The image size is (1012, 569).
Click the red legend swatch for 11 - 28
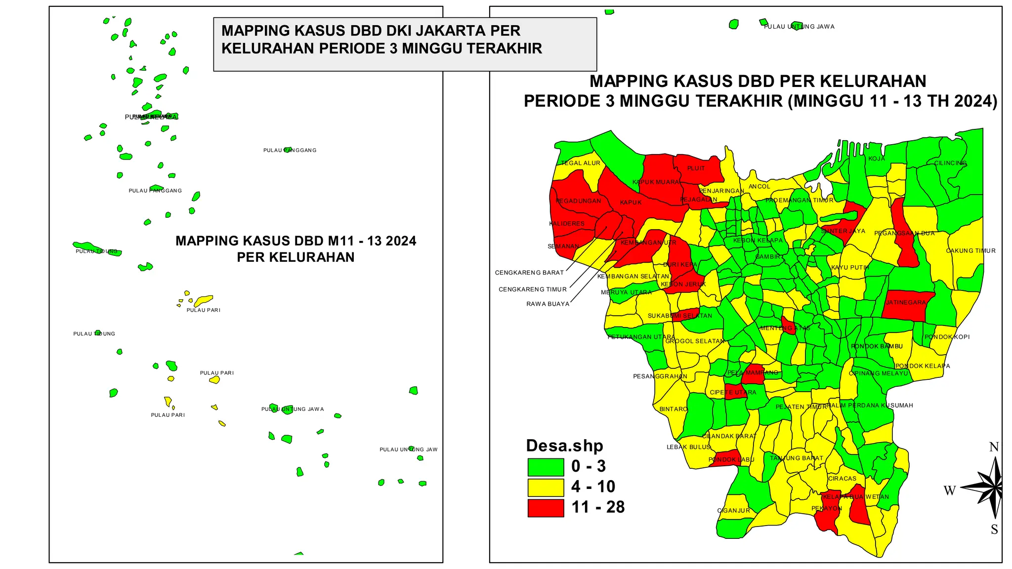[x=546, y=508]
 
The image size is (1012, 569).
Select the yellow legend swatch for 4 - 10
[x=546, y=487]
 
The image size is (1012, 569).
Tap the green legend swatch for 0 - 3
[x=546, y=467]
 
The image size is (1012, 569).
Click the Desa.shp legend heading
[x=564, y=446]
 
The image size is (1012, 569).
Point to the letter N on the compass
[x=994, y=447]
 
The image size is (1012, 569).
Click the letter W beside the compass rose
[x=949, y=490]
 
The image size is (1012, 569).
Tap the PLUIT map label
[x=696, y=168]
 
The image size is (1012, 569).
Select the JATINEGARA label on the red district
[x=906, y=302]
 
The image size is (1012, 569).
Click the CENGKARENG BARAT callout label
[x=529, y=273]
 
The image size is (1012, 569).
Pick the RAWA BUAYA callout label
[x=548, y=304]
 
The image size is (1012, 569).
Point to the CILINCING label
[x=950, y=163]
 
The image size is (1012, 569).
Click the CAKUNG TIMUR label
[x=970, y=251]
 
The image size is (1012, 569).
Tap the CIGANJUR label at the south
[x=733, y=511]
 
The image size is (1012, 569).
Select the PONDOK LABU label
[x=731, y=459]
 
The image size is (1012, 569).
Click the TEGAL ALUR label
[x=580, y=163]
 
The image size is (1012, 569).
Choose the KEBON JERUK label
[x=683, y=284]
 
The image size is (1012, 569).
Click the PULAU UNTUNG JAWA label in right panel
[x=799, y=27]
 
